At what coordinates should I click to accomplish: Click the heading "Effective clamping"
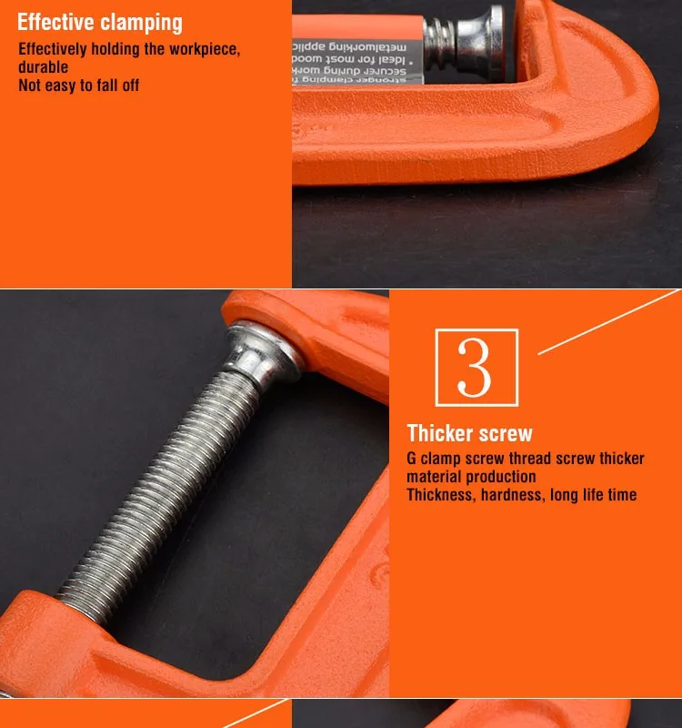pos(100,23)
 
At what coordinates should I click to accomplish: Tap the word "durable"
pos(43,67)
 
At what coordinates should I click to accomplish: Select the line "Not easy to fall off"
pos(79,86)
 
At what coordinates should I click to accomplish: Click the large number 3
pos(476,368)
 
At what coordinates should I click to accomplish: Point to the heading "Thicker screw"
pos(469,433)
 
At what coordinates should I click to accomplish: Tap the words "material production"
pos(471,477)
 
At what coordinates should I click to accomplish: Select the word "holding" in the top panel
pos(118,49)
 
